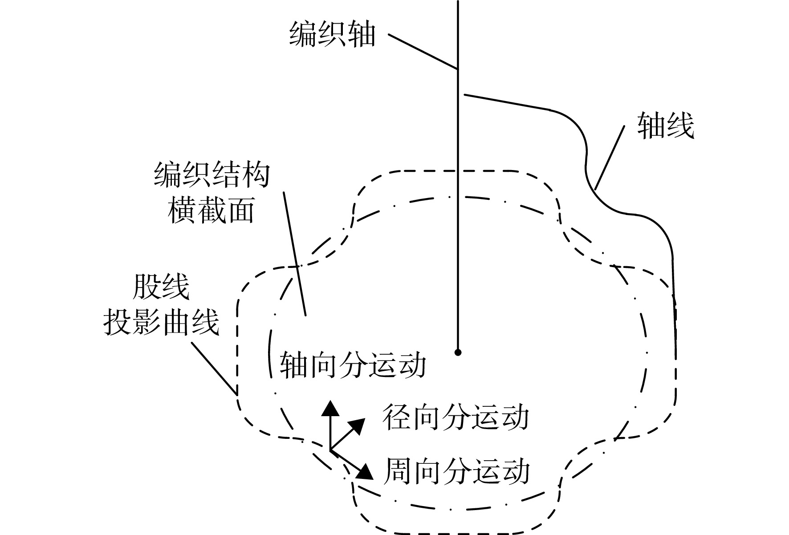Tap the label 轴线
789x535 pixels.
[x=666, y=126]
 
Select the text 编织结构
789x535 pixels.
[x=212, y=175]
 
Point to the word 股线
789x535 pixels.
[x=161, y=287]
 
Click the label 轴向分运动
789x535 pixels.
[x=353, y=365]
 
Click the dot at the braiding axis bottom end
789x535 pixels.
[x=458, y=353]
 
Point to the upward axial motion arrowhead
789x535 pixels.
[x=330, y=407]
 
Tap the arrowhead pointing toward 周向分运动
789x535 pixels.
[x=364, y=472]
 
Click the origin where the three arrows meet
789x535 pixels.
[x=330, y=450]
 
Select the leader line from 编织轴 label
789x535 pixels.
[x=423, y=51]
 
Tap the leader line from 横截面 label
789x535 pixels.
[x=295, y=253]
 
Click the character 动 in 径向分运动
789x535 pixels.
[x=515, y=417]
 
